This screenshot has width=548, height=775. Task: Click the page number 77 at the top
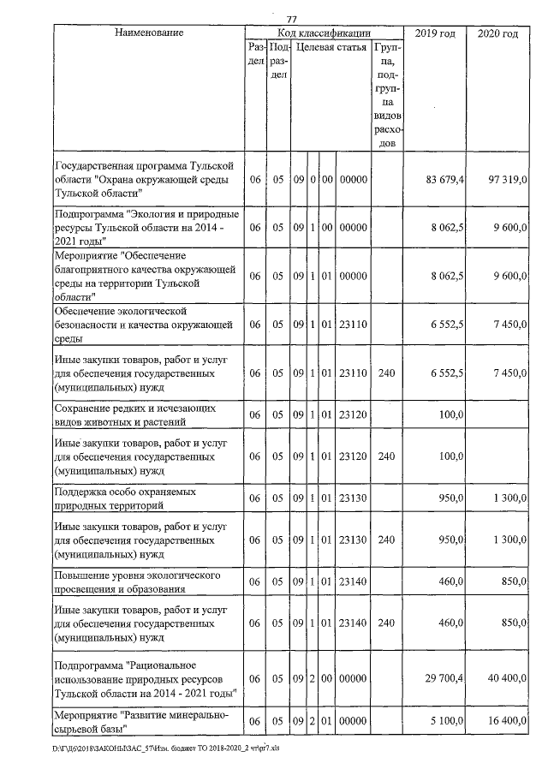click(291, 20)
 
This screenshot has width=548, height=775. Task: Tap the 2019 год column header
click(433, 33)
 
